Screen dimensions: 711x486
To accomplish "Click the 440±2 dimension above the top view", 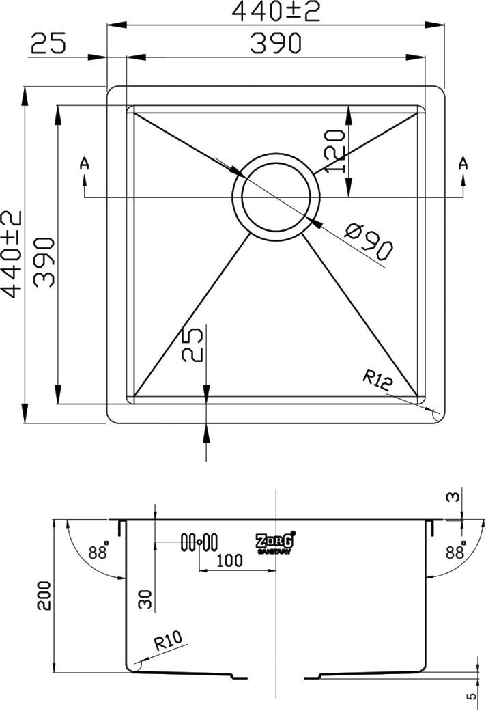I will [276, 12].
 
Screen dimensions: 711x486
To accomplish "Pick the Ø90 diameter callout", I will [369, 242].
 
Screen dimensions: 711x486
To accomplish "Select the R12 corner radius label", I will [377, 380].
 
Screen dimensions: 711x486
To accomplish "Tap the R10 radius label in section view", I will [167, 641].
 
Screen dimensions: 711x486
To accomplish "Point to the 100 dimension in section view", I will [229, 561].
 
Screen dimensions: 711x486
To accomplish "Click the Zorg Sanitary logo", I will [275, 542].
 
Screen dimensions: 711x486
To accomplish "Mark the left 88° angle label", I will [99, 552].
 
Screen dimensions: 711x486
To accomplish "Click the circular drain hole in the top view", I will [275, 195].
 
